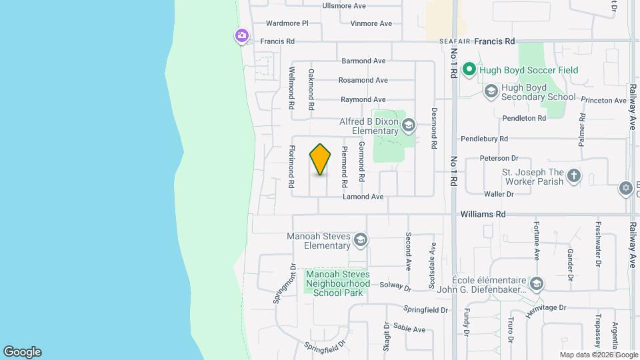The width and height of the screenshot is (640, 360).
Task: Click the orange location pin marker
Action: pyautogui.click(x=321, y=159)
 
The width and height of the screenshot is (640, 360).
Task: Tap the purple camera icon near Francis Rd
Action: pyautogui.click(x=241, y=35)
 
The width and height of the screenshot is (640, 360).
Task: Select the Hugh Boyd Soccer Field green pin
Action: pyautogui.click(x=469, y=69)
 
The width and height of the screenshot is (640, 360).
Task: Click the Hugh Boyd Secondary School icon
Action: pyautogui.click(x=491, y=91)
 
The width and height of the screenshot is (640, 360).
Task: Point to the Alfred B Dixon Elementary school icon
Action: pyautogui.click(x=408, y=124)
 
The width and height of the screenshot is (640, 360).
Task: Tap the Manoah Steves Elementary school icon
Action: pyautogui.click(x=361, y=240)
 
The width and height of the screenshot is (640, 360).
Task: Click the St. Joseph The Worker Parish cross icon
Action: pyautogui.click(x=574, y=177)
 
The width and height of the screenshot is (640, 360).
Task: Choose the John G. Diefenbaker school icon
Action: pyautogui.click(x=537, y=284)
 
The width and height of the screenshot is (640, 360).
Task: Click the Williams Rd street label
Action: pyautogui.click(x=483, y=215)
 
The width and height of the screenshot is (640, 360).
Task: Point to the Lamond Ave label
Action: pyautogui.click(x=363, y=197)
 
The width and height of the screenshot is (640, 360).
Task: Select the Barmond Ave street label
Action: pyautogui.click(x=364, y=61)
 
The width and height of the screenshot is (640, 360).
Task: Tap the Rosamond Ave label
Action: pyautogui.click(x=363, y=80)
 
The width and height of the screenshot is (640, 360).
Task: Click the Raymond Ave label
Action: pyautogui.click(x=364, y=99)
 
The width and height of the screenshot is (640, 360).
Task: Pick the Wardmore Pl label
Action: pyautogui.click(x=286, y=23)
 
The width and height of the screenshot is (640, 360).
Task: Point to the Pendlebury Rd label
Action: pyautogui.click(x=485, y=139)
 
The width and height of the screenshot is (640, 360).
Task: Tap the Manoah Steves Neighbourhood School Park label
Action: pyautogui.click(x=338, y=283)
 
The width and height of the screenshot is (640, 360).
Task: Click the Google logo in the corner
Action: pyautogui.click(x=22, y=352)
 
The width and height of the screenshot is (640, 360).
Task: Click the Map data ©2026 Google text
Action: pyautogui.click(x=598, y=355)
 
